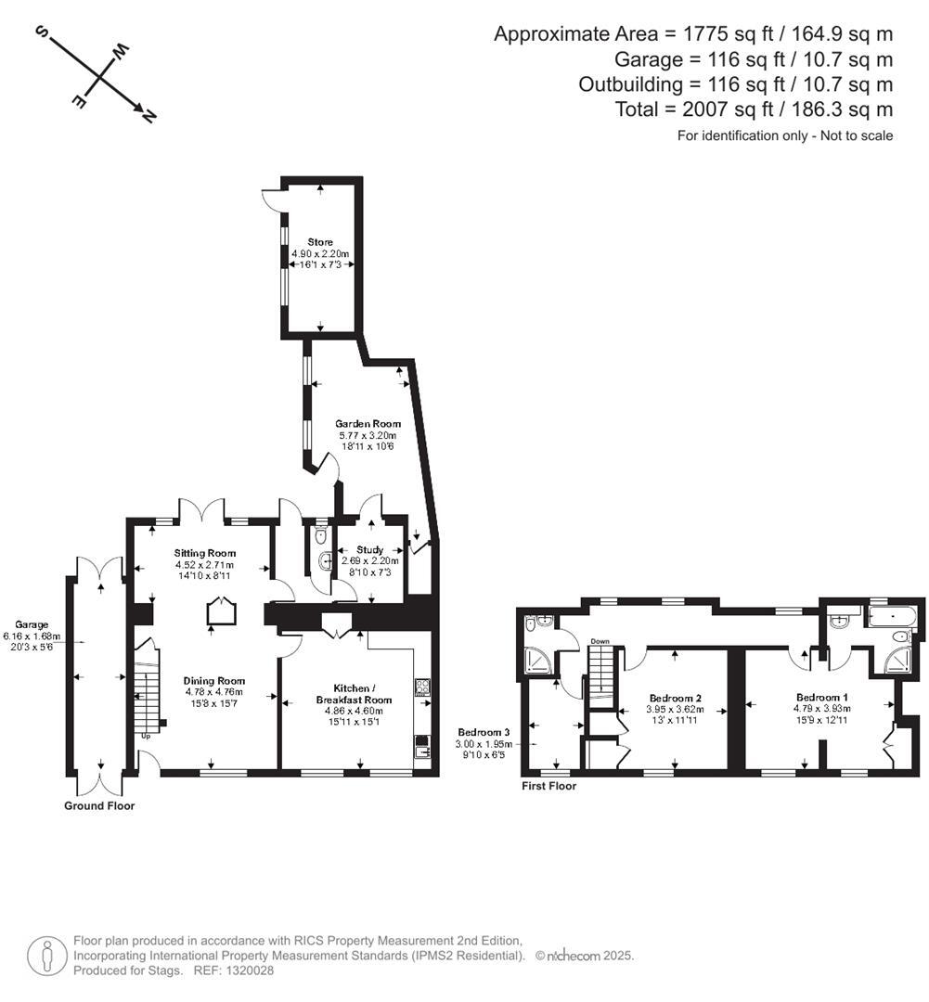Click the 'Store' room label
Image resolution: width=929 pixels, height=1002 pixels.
click(320, 242)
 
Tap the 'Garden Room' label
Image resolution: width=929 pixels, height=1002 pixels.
click(368, 424)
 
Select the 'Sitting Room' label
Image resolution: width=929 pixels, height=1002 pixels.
click(204, 553)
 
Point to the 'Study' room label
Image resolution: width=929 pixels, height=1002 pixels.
click(369, 550)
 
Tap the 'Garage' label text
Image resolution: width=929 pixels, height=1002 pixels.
click(32, 625)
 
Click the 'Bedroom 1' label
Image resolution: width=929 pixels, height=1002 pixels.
click(821, 697)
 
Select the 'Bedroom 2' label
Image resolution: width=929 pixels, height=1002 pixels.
click(673, 698)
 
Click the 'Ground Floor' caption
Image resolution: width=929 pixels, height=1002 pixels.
click(99, 806)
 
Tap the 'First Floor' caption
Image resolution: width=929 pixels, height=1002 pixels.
click(548, 786)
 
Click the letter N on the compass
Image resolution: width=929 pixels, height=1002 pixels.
click(148, 116)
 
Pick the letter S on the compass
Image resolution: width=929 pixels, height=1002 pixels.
click(42, 32)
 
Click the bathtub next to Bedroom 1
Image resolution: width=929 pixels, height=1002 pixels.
click(890, 614)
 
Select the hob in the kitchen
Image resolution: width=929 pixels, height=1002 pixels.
click(422, 687)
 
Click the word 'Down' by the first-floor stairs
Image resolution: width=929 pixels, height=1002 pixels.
click(599, 641)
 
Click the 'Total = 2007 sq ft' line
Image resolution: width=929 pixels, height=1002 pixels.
click(754, 109)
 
